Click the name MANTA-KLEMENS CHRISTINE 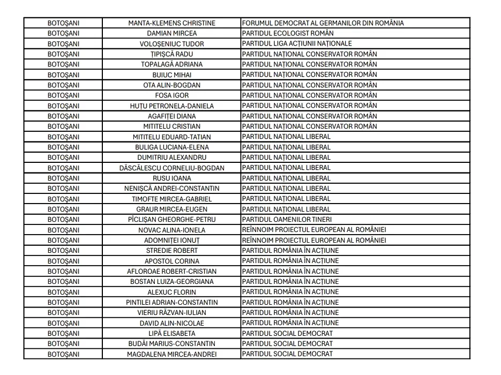pos(171,23)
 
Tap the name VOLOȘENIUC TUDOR pos(171,44)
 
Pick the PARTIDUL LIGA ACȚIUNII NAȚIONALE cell pos(297,43)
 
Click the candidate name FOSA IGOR pos(171,95)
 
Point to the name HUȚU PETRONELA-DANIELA pos(171,106)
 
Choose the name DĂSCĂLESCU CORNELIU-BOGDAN pos(171,168)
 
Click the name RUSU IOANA pos(171,178)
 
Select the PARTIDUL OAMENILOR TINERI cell pos(287,220)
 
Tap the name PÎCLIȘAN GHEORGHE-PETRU pos(171,220)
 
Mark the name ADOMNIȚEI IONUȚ pos(171,241)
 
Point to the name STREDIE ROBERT pos(171,251)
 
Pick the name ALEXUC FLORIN pos(171,292)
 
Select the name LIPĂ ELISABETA pos(171,334)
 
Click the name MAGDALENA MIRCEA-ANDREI pos(171,355)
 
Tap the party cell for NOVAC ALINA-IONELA pos(314,230)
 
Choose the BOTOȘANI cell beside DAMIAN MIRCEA pos(63,33)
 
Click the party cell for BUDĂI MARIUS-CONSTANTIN pos(287,344)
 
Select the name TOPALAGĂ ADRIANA pos(171,64)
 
